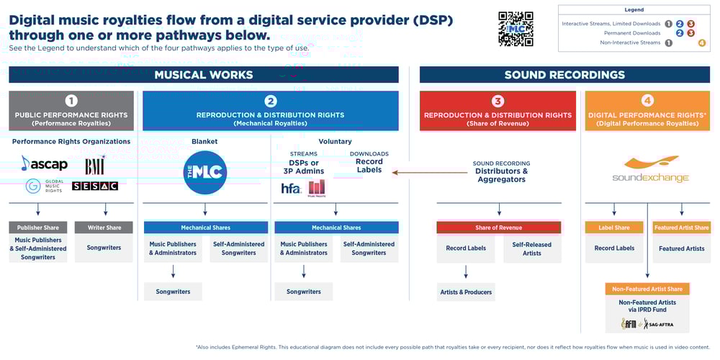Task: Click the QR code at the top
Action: [x=516, y=29]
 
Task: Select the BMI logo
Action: [x=95, y=166]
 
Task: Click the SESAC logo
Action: [x=95, y=186]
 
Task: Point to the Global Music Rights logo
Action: [x=45, y=186]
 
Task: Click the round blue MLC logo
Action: [x=205, y=172]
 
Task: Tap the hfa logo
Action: [x=291, y=188]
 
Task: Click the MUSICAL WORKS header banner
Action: [x=204, y=75]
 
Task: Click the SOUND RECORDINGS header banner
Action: [x=564, y=75]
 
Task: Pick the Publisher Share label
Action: [x=38, y=228]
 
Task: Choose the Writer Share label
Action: [x=104, y=228]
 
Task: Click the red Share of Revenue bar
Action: [x=498, y=228]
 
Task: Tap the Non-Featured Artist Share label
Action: [x=647, y=289]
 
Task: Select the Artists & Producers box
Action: [x=466, y=292]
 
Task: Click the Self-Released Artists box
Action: [x=531, y=248]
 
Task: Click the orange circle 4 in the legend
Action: [x=702, y=42]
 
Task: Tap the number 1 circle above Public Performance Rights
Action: [x=71, y=101]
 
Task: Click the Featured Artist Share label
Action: [x=681, y=228]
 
